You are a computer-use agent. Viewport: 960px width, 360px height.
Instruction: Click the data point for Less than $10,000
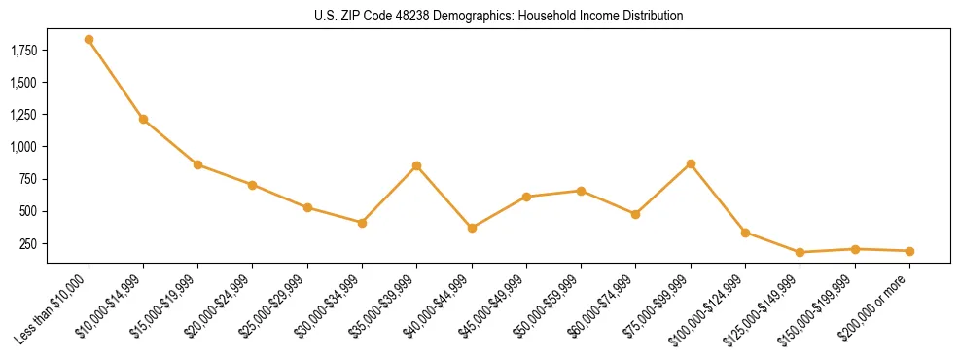(x=89, y=40)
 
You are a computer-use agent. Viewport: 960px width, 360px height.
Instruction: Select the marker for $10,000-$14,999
(x=143, y=120)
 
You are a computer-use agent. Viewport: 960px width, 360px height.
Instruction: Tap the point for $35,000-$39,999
(x=416, y=166)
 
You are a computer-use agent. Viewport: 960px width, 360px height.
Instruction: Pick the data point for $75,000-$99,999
(x=691, y=164)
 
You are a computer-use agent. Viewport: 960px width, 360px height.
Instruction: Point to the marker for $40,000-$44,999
(x=472, y=229)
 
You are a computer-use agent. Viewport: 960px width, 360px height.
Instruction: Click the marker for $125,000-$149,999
(x=800, y=253)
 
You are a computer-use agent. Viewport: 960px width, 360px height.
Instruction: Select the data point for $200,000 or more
(x=909, y=251)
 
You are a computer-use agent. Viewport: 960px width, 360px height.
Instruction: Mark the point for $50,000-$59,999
(x=581, y=191)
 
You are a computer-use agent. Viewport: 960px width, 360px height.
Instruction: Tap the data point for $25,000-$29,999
(x=307, y=208)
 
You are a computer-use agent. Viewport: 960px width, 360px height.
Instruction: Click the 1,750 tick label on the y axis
(x=21, y=51)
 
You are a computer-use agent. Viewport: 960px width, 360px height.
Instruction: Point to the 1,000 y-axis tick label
(x=21, y=147)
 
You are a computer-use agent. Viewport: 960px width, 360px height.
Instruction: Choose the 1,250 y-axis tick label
(x=21, y=115)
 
